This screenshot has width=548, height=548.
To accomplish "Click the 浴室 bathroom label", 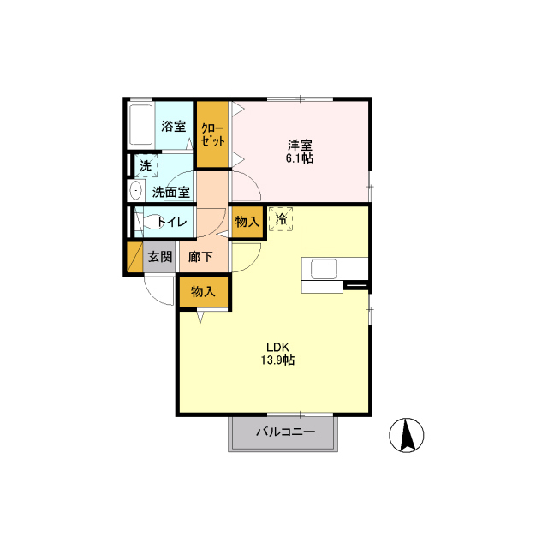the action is (x=173, y=126).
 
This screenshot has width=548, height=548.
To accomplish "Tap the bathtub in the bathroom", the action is (x=141, y=125).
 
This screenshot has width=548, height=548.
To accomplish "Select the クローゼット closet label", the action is (x=212, y=134).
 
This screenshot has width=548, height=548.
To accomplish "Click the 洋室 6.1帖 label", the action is (x=300, y=152).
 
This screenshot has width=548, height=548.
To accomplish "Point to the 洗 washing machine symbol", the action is (x=146, y=165).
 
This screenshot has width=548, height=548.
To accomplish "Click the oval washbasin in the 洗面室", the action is (x=135, y=191).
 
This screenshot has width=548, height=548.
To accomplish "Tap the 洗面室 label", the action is (x=171, y=192).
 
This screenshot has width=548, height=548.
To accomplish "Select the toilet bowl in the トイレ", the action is (x=151, y=221).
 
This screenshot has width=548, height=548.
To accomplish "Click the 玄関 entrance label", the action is (x=160, y=257).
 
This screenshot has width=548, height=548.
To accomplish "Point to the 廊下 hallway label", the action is (x=200, y=257).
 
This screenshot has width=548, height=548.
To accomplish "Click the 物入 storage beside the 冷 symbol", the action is (x=247, y=222).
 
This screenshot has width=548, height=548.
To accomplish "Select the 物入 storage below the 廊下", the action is (x=204, y=291).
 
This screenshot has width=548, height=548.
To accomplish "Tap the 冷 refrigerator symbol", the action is (x=281, y=219).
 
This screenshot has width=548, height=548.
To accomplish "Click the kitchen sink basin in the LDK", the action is (x=324, y=268).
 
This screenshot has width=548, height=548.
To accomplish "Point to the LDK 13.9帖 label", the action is (x=277, y=354).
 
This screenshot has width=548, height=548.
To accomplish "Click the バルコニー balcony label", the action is (x=286, y=432).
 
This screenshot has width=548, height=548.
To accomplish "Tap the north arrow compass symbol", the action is (x=407, y=435).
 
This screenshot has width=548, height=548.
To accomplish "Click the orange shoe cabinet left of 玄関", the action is (x=134, y=257).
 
